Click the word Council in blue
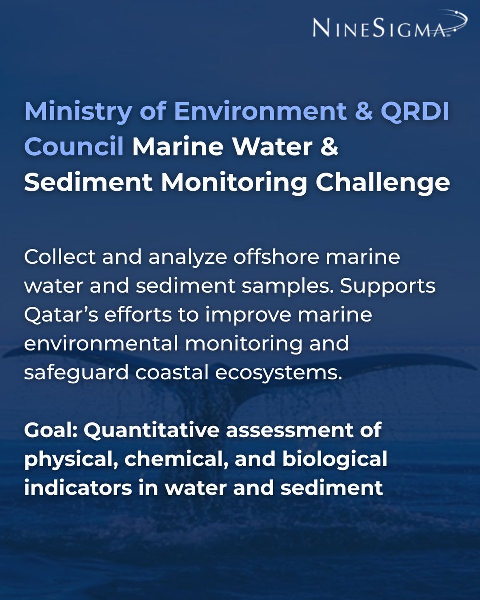coord(74,148)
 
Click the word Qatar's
coord(61,316)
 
